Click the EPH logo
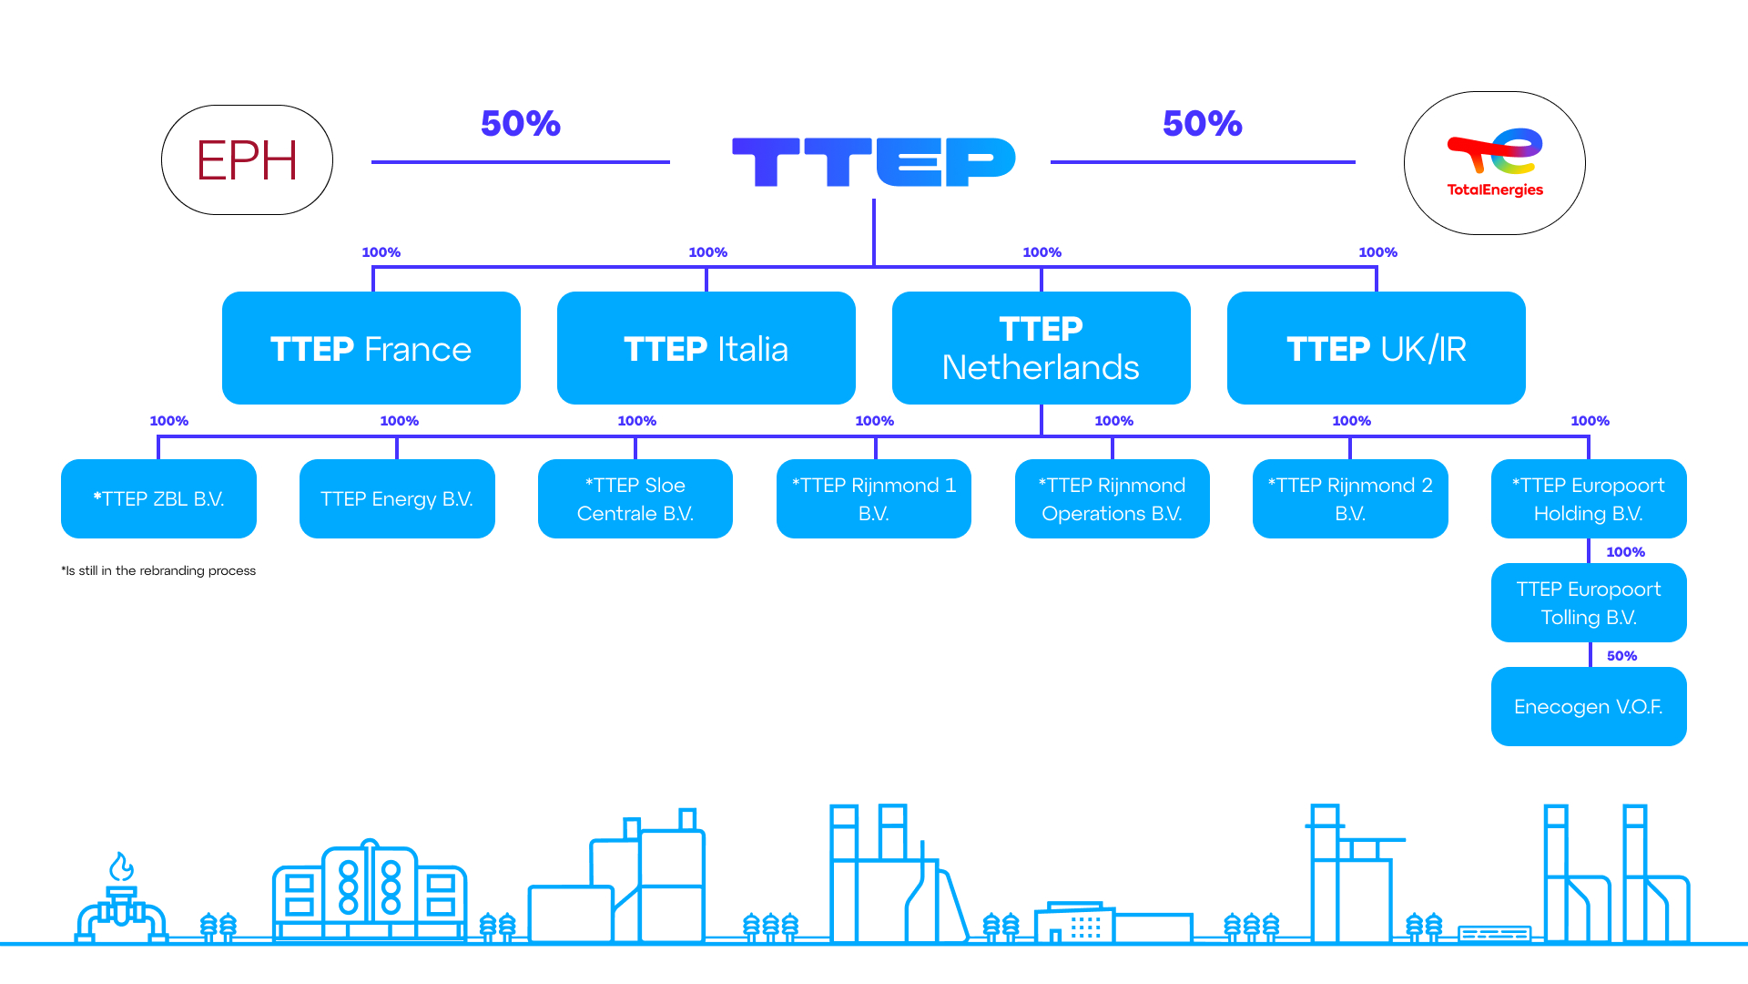point(247,160)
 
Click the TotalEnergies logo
point(1494,163)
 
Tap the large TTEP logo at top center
point(873,162)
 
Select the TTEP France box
point(371,348)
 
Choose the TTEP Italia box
point(706,348)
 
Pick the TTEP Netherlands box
point(1042,348)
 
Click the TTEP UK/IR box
point(1377,348)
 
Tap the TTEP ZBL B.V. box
point(158,498)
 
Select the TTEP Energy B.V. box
point(397,498)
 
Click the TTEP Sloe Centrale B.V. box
point(635,498)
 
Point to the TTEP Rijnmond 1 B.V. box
point(874,498)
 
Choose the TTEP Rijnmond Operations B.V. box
point(1113,498)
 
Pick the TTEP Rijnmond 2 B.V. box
point(1350,498)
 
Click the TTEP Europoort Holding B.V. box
point(1589,498)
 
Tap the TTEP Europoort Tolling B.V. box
point(1589,602)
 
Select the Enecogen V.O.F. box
point(1589,706)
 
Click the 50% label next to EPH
point(521,124)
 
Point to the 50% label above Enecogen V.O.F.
point(1621,656)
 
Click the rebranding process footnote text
point(158,571)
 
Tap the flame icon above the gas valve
point(121,866)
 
